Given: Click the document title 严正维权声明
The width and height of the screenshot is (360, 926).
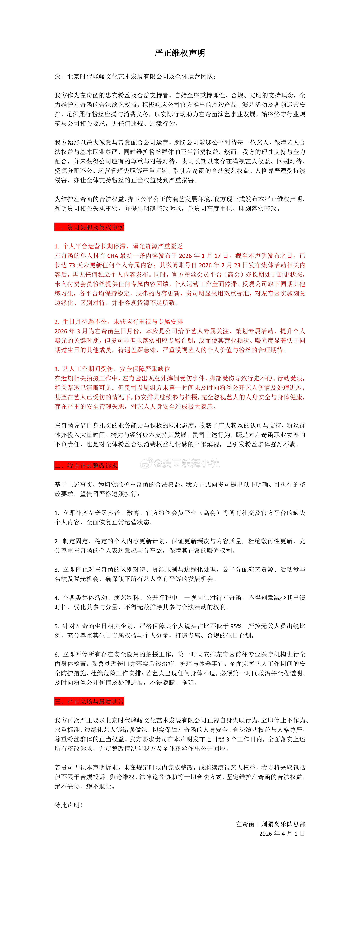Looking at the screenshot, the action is (x=180, y=53).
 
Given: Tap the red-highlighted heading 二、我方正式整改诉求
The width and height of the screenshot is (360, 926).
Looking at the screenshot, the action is (x=86, y=465).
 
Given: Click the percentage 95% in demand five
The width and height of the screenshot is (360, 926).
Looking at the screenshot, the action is (x=236, y=626).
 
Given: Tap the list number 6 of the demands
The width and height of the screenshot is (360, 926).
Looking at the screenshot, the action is (x=56, y=655).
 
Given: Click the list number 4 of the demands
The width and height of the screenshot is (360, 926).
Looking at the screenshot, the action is (x=56, y=598).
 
